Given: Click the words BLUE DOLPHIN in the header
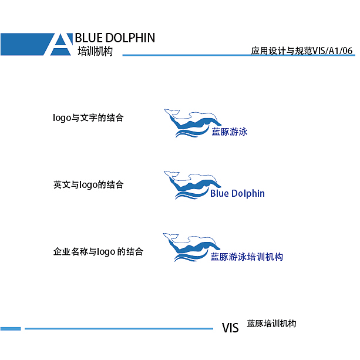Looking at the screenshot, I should (x=115, y=38).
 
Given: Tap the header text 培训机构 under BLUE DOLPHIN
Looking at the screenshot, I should (x=95, y=52).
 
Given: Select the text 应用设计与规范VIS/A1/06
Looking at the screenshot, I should (x=301, y=51).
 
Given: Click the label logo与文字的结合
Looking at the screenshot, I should (x=88, y=117).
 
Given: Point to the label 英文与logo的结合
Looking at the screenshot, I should (x=88, y=184).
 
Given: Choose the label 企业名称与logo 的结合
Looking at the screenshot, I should (x=98, y=252).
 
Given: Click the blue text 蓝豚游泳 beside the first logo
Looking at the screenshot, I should (x=230, y=132).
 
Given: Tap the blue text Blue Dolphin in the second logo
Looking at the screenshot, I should (x=237, y=194).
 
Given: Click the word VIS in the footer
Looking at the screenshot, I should (x=230, y=328).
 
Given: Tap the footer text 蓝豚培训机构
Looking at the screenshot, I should (x=271, y=324).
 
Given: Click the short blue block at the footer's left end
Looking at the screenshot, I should (x=11, y=328).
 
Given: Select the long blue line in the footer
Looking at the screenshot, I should (x=118, y=328).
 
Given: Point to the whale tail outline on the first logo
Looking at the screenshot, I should (x=171, y=112).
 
